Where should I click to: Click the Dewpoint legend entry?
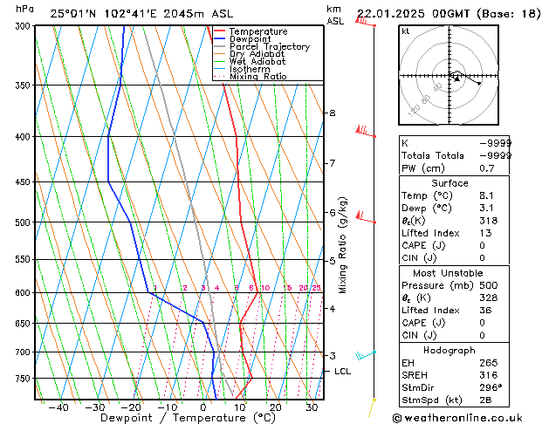pos(250,39)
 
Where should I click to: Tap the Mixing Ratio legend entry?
pos(258,77)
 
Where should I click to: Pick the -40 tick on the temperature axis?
pos(58,407)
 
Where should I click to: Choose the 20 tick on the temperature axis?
pos(275,407)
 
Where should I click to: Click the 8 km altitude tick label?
pos(332,113)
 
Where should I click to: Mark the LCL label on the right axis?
pos(342,372)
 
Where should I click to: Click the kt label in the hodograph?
pos(405,31)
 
